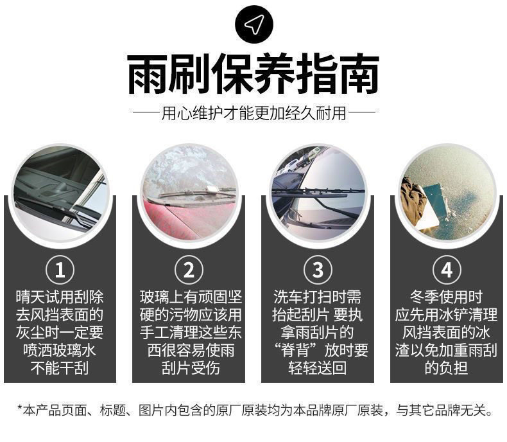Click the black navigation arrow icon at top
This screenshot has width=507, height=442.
[254, 24]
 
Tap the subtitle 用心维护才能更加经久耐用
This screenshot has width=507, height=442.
[254, 113]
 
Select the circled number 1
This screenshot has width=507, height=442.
[60, 270]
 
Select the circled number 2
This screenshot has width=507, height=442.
[189, 270]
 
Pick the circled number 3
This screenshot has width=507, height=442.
[318, 270]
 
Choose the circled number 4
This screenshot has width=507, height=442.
[447, 270]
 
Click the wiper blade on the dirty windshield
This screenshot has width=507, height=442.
[197, 192]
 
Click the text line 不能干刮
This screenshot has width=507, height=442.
[60, 368]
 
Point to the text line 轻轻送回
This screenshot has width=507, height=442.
[318, 368]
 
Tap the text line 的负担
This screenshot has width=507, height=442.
[446, 368]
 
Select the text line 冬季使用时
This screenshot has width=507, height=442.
[447, 297]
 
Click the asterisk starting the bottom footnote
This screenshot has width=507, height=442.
[21, 408]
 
